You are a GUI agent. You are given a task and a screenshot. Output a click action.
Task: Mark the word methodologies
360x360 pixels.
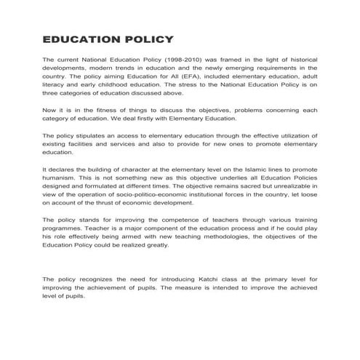pos(219,236)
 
